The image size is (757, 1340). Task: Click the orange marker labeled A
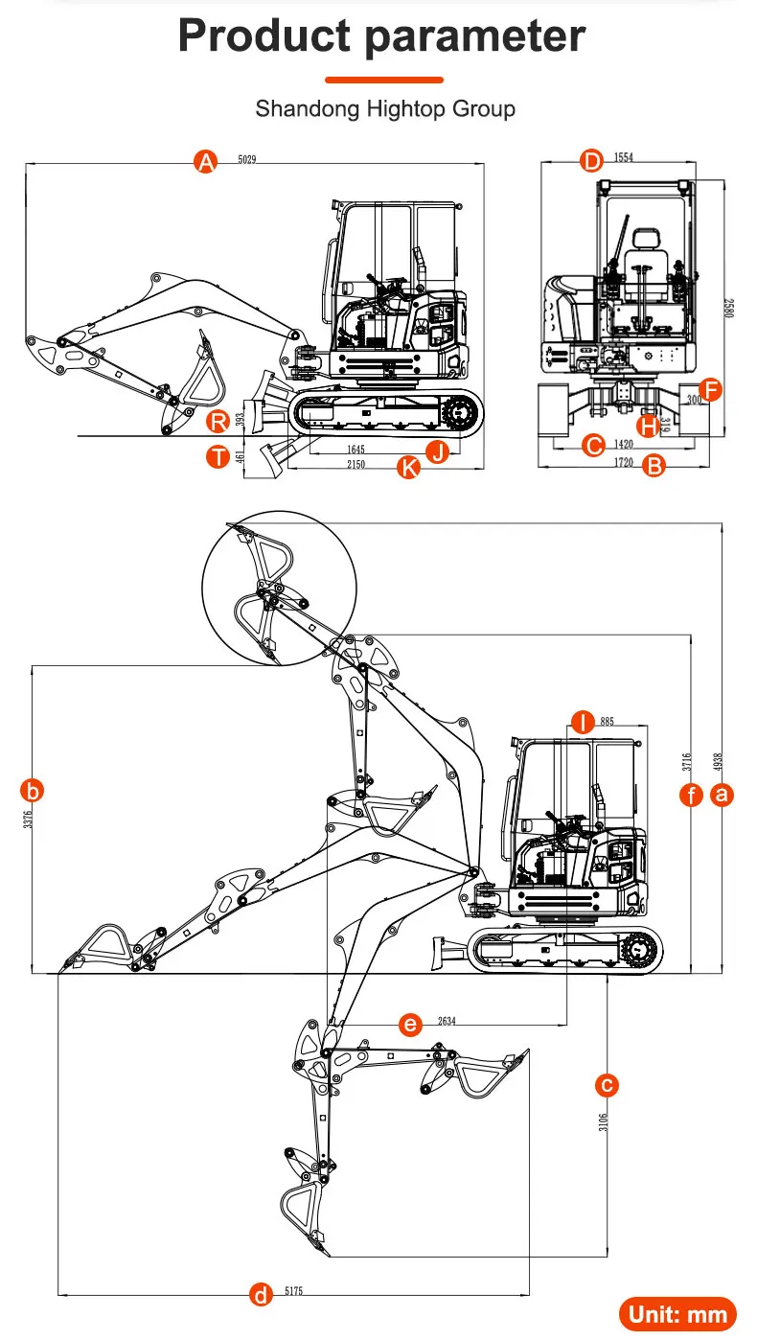point(205,161)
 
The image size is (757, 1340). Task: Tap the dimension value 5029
point(247,160)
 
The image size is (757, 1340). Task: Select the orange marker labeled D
point(591,160)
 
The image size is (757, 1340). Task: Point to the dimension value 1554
point(623,158)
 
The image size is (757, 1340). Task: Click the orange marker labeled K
point(409,468)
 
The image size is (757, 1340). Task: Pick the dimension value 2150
point(356,464)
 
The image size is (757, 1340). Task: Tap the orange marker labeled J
point(437,451)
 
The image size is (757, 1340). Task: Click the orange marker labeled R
point(219,420)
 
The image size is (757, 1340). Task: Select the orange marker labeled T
point(219,456)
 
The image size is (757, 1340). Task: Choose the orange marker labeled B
point(654,467)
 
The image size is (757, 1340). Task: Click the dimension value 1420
point(623,445)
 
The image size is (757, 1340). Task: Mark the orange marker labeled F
point(710,388)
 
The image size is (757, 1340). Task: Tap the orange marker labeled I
point(583,721)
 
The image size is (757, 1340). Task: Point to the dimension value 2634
point(447,1022)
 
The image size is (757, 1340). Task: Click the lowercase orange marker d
point(261,1295)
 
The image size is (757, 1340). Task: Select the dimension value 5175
point(293,1292)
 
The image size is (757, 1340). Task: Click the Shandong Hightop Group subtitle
point(384,108)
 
